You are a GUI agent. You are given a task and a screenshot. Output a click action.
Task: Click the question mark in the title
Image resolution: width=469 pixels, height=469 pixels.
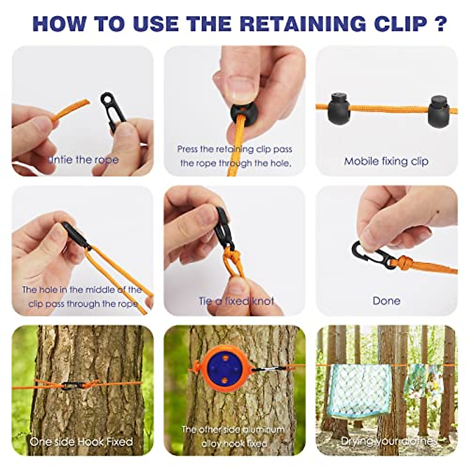pos(440,23)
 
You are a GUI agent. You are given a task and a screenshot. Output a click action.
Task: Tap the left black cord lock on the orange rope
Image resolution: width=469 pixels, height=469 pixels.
pos(338,107)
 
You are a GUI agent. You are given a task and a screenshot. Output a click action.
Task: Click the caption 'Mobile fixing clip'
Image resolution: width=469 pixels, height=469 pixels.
pos(386,161)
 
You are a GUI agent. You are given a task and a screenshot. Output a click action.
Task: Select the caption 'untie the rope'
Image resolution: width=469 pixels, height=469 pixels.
pos(83,159)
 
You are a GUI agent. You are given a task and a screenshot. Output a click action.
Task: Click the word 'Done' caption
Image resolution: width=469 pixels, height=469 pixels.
pos(386,301)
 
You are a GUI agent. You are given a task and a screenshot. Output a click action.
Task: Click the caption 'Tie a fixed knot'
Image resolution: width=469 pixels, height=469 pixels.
pos(236,301)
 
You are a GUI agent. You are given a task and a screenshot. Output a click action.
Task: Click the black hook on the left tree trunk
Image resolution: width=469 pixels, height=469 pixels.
pos(74,385)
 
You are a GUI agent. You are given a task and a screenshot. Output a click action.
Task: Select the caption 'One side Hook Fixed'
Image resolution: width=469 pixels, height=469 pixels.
pos(81,442)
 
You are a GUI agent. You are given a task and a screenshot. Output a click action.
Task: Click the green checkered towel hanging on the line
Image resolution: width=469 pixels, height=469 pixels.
pos(358,391)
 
